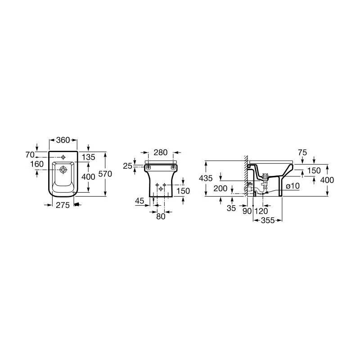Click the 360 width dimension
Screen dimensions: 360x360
[x=63, y=140]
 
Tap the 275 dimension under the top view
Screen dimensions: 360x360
[x=63, y=205]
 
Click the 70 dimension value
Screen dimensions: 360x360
[x=31, y=155]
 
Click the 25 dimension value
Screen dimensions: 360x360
[x=127, y=166]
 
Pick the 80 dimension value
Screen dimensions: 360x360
[x=160, y=216]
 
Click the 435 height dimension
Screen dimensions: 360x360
[x=206, y=178]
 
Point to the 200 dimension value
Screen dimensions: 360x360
[x=220, y=189]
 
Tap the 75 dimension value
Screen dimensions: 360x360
[x=302, y=153]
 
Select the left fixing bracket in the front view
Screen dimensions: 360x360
[x=148, y=167]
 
